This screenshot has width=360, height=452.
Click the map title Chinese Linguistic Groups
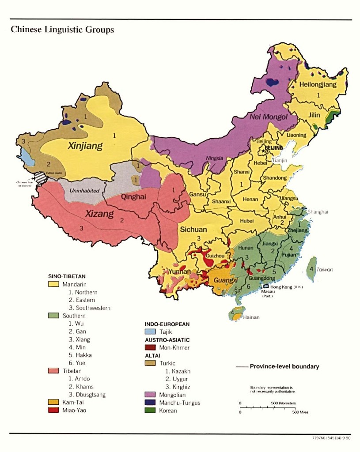click(x=62, y=30)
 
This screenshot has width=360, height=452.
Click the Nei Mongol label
click(x=262, y=117)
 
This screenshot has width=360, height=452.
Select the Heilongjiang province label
click(x=318, y=84)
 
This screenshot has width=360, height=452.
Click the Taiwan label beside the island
click(x=325, y=269)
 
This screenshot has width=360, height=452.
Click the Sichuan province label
click(x=193, y=230)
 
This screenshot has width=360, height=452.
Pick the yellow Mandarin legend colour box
click(x=53, y=284)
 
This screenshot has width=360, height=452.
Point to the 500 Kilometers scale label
click(x=283, y=403)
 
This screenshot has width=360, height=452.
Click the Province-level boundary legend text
click(x=284, y=366)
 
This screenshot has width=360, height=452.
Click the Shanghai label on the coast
click(x=318, y=212)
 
